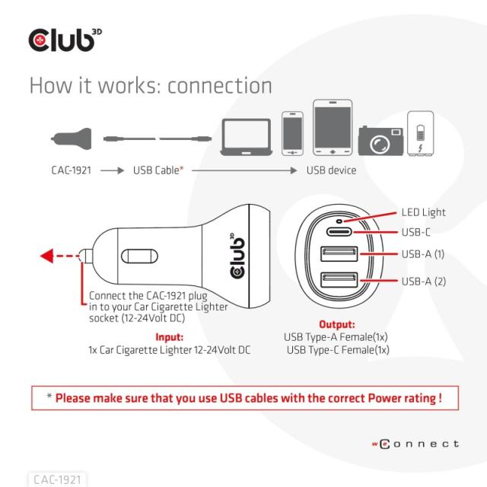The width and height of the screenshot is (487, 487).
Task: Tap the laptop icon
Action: pyautogui.click(x=247, y=135)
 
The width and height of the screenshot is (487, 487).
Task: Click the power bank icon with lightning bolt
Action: pyautogui.click(x=420, y=134)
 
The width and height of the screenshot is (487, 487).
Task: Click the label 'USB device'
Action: pyautogui.click(x=331, y=170)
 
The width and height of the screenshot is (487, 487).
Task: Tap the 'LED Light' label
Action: pyautogui.click(x=423, y=212)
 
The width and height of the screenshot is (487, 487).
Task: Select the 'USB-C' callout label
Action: pyautogui.click(x=415, y=231)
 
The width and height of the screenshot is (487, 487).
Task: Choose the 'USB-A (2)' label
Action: pyautogui.click(x=423, y=282)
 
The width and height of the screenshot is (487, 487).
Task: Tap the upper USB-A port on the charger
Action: pyautogui.click(x=335, y=256)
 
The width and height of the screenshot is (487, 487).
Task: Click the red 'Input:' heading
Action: pyautogui.click(x=169, y=336)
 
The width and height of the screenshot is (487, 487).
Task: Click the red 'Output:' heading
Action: pyautogui.click(x=336, y=324)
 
